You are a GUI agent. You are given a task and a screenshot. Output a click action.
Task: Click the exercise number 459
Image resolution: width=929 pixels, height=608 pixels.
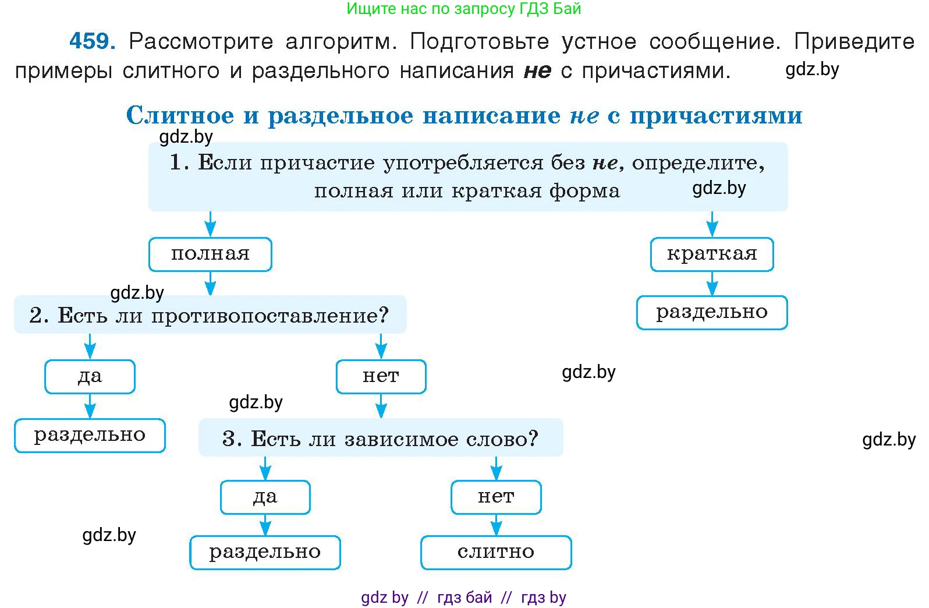(x=92, y=41)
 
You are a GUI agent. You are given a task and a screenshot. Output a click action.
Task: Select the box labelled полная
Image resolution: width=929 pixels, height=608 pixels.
(x=210, y=254)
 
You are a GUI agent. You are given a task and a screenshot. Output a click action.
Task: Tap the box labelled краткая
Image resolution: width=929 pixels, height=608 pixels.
(x=711, y=254)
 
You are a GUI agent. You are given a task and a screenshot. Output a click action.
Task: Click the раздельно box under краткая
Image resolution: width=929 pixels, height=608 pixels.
(x=711, y=313)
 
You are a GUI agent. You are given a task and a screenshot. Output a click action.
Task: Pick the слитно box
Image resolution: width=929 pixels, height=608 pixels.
(x=496, y=552)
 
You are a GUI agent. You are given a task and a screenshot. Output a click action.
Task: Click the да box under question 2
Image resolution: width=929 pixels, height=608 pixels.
(x=90, y=377)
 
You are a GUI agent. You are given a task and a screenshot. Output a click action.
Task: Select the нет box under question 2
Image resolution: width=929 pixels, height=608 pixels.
(x=381, y=377)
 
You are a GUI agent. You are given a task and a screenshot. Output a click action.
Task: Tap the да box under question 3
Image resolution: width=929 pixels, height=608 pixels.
(x=265, y=497)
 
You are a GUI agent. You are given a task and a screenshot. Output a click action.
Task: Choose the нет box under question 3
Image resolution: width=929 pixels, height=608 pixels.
(x=496, y=497)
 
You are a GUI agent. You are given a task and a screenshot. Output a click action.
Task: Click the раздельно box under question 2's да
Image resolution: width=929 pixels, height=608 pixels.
(x=90, y=435)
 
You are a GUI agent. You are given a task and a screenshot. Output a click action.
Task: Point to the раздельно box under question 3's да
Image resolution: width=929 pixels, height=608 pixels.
(x=265, y=552)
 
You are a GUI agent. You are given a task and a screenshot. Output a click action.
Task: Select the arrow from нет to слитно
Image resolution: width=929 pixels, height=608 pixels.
(x=496, y=525)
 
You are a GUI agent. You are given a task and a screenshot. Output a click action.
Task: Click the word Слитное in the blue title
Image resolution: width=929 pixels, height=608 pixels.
(x=180, y=115)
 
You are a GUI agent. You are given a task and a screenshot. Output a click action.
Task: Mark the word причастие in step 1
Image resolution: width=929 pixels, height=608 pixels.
(x=318, y=162)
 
